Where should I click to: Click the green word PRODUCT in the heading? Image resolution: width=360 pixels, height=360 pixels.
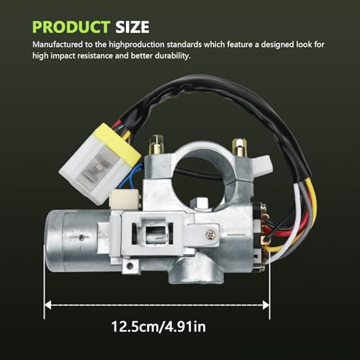tap(71, 27)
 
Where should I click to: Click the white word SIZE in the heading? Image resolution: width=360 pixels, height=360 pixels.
tap(132, 27)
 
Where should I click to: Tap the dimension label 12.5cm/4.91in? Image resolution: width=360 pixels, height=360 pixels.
tap(158, 327)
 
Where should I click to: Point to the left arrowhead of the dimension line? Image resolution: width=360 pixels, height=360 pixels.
tap(48, 305)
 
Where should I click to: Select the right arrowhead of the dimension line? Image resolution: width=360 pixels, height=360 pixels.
tap(266, 305)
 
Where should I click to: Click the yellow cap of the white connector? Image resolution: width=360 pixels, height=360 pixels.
tap(117, 144)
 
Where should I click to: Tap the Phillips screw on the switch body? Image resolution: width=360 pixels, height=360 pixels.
tap(210, 235)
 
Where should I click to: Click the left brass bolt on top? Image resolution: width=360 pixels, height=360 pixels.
tap(156, 145)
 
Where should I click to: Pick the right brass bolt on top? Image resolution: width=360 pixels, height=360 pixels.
tap(239, 147)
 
